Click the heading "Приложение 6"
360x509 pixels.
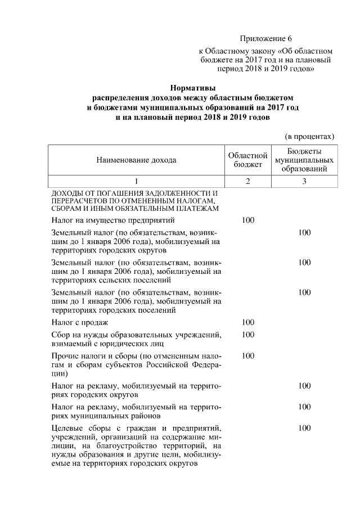click(266, 39)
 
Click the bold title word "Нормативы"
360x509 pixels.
click(193, 88)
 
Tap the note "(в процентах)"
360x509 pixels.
click(310, 136)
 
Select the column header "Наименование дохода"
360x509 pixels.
click(137, 160)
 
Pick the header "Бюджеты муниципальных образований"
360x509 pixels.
click(304, 160)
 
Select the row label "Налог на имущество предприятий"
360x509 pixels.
click(115, 220)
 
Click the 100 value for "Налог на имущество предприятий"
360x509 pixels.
click(248, 220)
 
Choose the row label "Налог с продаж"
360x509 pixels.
click(80, 322)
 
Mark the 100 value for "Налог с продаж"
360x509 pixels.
click(248, 322)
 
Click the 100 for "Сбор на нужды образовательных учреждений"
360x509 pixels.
click(248, 335)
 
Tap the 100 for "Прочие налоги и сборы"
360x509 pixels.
click(248, 356)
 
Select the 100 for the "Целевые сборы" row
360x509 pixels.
click(304, 428)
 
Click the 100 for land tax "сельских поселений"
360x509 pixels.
click(304, 262)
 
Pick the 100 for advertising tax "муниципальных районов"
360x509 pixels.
click(304, 407)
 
